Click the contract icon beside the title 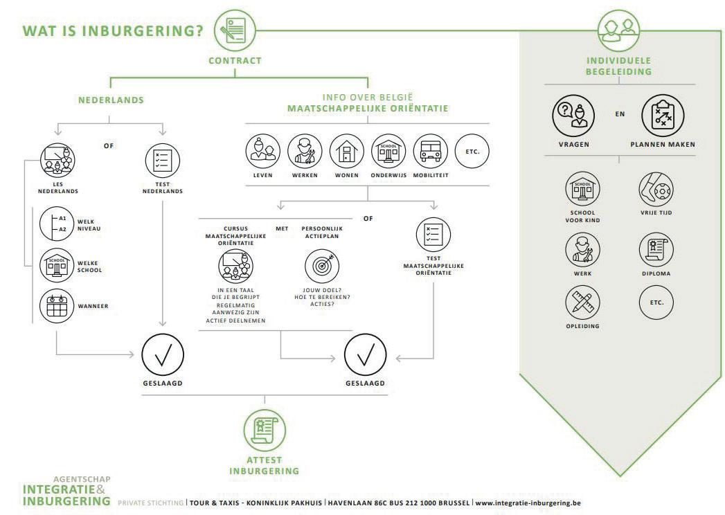(x=235, y=31)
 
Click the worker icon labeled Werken (x=305, y=152)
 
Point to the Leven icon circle (x=264, y=152)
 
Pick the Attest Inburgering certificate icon (x=264, y=427)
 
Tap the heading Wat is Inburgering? (x=114, y=32)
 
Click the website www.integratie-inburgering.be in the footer (x=528, y=502)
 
